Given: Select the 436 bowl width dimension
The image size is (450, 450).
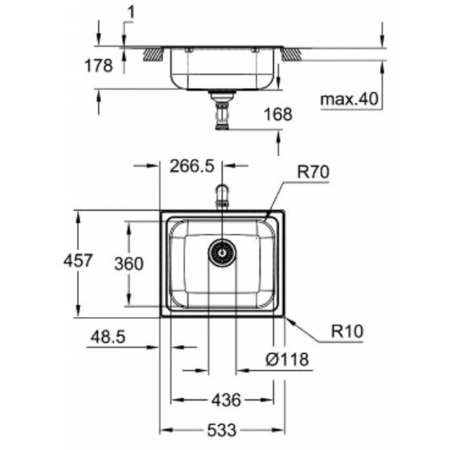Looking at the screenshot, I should tap(225, 400).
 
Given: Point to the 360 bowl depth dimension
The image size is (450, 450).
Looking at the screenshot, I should tap(129, 264).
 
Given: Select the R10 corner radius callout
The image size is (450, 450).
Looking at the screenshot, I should tap(347, 332).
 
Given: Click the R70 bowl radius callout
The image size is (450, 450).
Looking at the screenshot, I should tap(313, 173).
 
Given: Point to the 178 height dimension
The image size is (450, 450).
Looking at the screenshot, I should tap(98, 66).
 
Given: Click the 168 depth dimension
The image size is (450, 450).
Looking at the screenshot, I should tap(278, 114).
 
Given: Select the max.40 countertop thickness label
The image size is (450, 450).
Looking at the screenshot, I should tap(350, 99).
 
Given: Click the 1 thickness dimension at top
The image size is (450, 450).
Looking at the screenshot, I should tap(130, 14).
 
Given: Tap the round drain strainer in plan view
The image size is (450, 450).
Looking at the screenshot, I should tap(222, 253).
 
